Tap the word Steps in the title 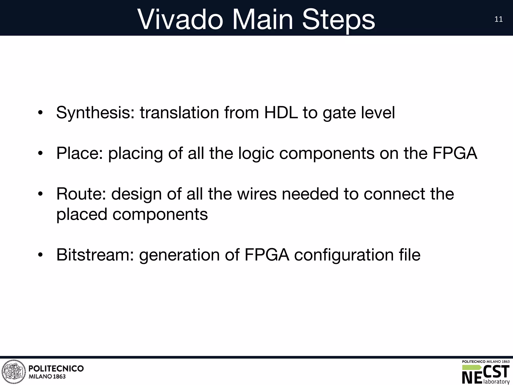point(338,20)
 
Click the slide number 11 point(498,20)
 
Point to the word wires point(257,194)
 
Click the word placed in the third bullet point(82,215)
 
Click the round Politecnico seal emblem point(14,372)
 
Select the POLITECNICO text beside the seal point(56,368)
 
